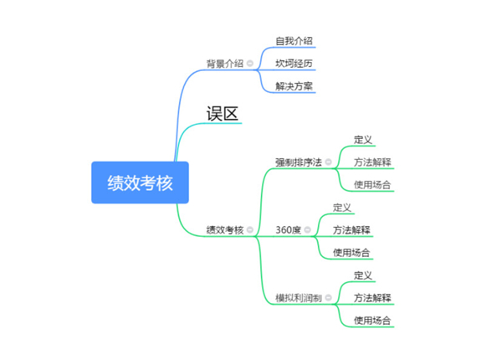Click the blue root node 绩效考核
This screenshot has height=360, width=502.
(140, 183)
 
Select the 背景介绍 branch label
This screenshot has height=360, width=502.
(224, 64)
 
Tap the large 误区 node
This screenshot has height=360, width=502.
(223, 113)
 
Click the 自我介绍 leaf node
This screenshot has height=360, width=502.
(295, 40)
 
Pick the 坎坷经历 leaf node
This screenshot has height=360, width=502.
(295, 64)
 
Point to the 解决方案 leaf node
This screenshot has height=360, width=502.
(295, 86)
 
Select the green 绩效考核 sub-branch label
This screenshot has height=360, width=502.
(224, 229)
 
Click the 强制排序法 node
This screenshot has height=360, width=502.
(298, 162)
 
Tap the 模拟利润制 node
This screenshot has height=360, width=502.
(298, 297)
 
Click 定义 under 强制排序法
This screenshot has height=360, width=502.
(363, 139)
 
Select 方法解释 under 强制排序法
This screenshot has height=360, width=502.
(372, 162)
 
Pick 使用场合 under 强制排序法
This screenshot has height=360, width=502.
(372, 184)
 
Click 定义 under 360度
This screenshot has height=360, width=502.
(342, 207)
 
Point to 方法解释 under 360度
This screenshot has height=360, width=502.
(351, 229)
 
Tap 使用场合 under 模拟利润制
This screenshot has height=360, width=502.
(372, 320)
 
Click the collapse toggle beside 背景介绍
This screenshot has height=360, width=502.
(250, 64)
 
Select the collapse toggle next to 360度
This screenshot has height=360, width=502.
(308, 229)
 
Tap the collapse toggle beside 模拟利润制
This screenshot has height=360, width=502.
(329, 297)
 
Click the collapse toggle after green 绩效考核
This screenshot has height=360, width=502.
(250, 229)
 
